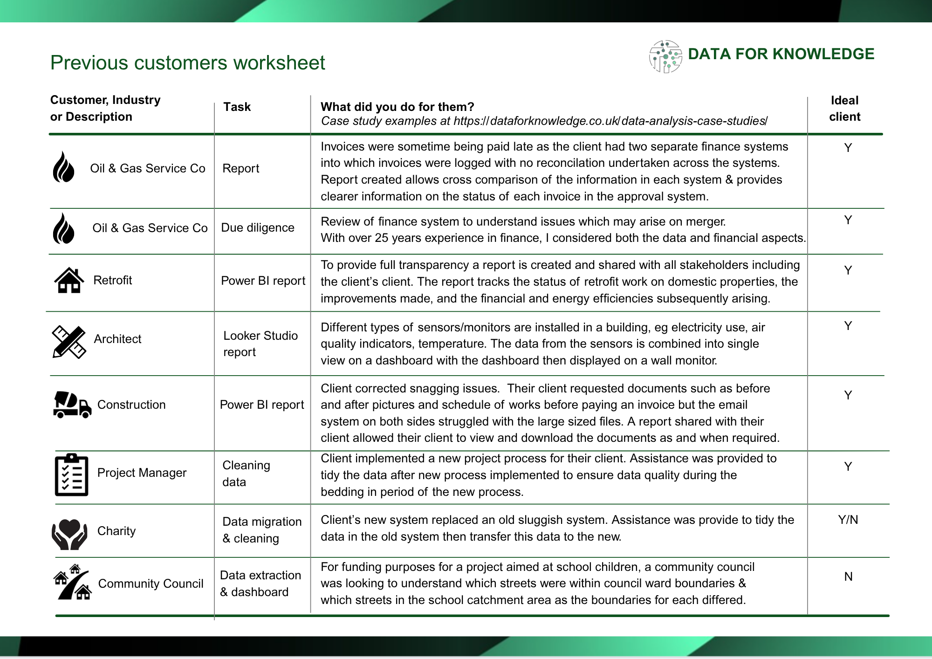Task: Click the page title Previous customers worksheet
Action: tap(187, 63)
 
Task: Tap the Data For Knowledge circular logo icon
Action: tap(665, 56)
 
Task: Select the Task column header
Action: tap(237, 107)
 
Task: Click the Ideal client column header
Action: tap(844, 109)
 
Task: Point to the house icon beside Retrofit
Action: tap(69, 281)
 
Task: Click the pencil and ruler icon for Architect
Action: tap(69, 342)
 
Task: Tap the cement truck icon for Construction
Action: tap(72, 405)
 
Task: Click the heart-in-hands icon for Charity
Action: tap(69, 534)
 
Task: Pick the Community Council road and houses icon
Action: tap(73, 583)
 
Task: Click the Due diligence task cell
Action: tap(258, 228)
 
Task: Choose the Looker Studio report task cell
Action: tap(260, 343)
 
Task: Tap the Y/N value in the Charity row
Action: tap(848, 520)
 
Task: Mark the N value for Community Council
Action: tap(848, 577)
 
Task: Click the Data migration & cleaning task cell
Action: tap(262, 530)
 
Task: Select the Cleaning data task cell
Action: tap(246, 474)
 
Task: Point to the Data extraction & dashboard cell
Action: tap(260, 583)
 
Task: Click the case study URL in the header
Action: tap(610, 121)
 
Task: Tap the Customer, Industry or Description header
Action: tap(105, 108)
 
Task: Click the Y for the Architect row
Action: tap(848, 326)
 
